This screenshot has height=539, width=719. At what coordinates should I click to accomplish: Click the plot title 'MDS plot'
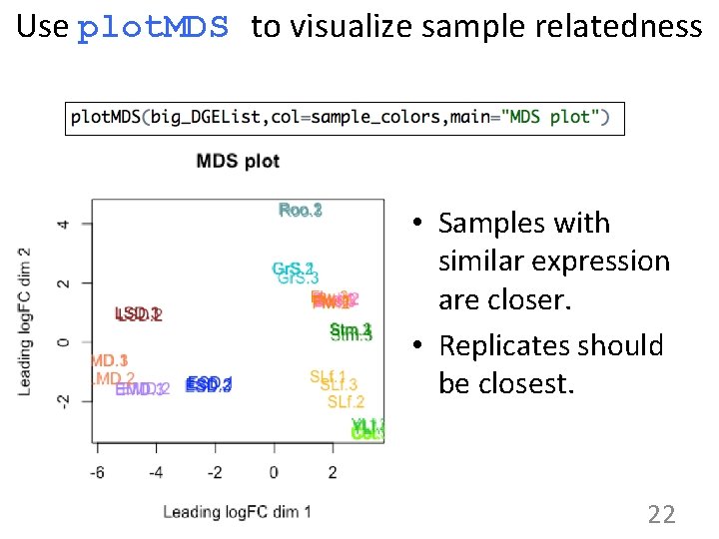(238, 161)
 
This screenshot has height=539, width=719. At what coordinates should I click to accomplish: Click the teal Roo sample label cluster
(300, 210)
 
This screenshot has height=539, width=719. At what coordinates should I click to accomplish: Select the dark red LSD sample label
(139, 314)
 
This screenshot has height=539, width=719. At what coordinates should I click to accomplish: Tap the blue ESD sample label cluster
(209, 384)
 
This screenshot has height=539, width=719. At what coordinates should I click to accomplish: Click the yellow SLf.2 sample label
(346, 402)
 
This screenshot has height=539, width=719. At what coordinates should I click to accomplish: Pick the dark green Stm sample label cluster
(351, 331)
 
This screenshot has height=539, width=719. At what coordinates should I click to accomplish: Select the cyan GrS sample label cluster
(295, 272)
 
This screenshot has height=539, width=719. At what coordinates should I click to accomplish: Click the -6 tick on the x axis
(97, 470)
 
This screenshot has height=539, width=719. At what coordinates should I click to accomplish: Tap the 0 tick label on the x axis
(274, 470)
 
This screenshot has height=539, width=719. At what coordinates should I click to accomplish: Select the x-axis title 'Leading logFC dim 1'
(237, 512)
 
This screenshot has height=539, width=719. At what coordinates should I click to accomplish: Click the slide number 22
(661, 514)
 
